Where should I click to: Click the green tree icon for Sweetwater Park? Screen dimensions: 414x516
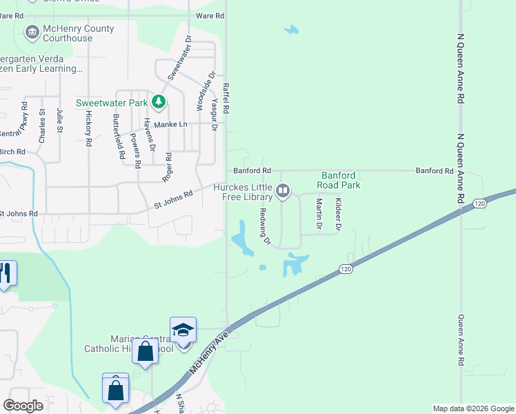tap(159, 103)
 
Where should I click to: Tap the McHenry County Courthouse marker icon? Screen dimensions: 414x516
tap(32, 32)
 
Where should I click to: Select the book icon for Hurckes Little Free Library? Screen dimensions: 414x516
tap(283, 190)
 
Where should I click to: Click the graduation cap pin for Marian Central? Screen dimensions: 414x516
tap(183, 330)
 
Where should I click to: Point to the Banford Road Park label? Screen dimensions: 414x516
tap(339, 180)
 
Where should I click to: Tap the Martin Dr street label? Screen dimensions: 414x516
tap(319, 213)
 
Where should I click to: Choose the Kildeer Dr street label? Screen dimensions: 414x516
tap(338, 213)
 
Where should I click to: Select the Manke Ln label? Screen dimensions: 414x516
tap(170, 124)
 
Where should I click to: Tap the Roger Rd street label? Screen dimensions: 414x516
tap(167, 167)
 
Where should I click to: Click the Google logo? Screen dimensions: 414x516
tap(23, 405)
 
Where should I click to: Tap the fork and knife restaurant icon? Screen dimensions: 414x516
tap(6, 273)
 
